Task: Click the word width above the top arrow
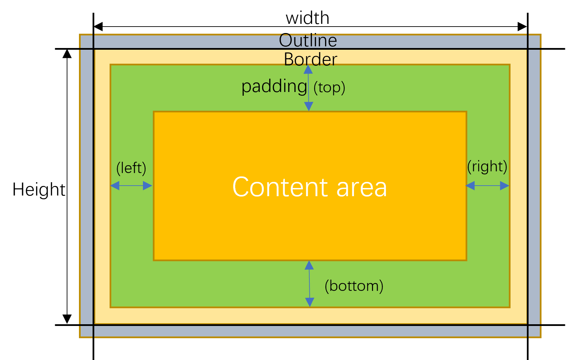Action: click(307, 18)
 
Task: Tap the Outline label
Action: click(308, 41)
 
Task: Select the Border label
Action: click(310, 60)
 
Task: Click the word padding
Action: click(274, 87)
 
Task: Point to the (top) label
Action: click(329, 88)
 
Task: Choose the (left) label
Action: click(131, 168)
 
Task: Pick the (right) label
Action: click(487, 167)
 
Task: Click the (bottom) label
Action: click(354, 286)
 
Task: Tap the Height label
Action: click(39, 190)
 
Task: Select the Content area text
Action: click(309, 187)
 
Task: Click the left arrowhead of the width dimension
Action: click(98, 27)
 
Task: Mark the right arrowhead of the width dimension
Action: click(522, 27)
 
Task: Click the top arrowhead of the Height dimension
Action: click(67, 53)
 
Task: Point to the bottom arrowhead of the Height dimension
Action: click(67, 319)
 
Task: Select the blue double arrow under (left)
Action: click(131, 186)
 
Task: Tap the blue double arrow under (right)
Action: click(487, 186)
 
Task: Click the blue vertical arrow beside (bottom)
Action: click(309, 284)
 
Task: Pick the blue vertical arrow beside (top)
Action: click(308, 88)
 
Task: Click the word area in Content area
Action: click(361, 188)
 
